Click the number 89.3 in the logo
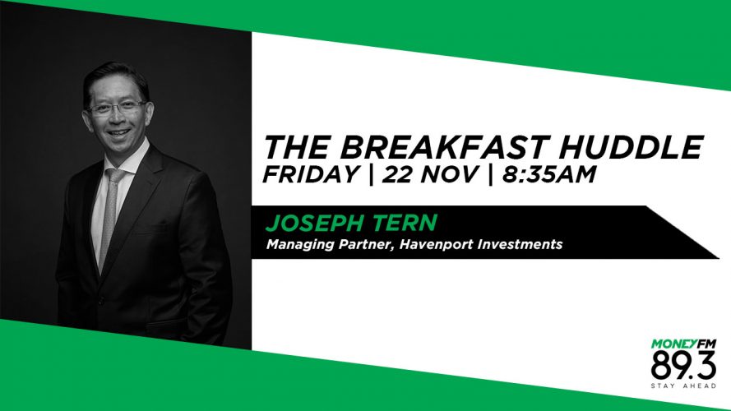(683, 366)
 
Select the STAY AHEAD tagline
(683, 386)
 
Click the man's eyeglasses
(117, 109)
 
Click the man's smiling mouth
(118, 133)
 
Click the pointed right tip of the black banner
(719, 257)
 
